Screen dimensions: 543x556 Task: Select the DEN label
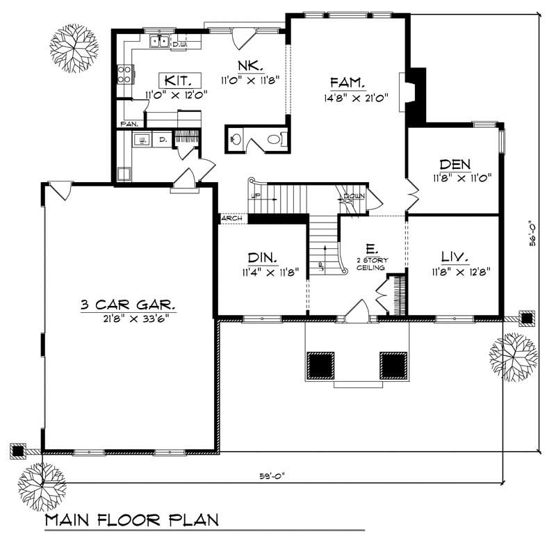pos(455,165)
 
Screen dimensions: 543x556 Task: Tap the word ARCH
pos(232,219)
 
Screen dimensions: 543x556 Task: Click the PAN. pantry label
pos(129,124)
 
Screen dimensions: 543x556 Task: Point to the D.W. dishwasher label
pos(179,44)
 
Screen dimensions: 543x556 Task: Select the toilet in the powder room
pos(275,139)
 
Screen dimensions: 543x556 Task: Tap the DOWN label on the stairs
pos(353,197)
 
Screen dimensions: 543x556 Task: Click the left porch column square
pos(320,363)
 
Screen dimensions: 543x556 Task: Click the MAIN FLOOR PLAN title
pos(131,520)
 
